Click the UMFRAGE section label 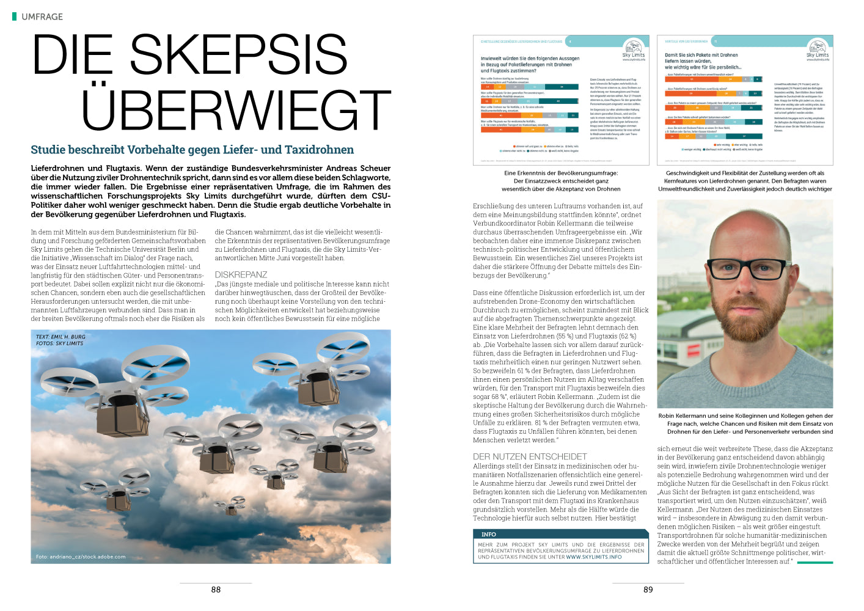(x=42, y=16)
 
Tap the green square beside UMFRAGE (x=14, y=16)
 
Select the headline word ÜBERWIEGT (x=236, y=111)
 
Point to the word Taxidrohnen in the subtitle (x=320, y=150)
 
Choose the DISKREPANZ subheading (x=241, y=275)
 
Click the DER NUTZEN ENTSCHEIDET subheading (x=530, y=456)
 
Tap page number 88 (x=216, y=590)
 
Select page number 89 (x=648, y=590)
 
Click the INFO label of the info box (x=489, y=534)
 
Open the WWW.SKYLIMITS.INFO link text (x=594, y=557)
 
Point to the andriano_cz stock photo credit (x=81, y=557)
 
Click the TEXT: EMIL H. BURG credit (x=60, y=337)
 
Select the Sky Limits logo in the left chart (x=634, y=49)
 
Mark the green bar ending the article (x=815, y=562)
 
